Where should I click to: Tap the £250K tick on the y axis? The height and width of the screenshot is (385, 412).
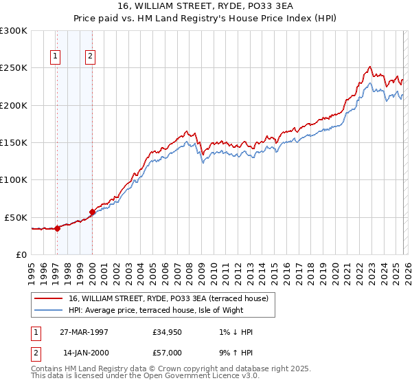(x=14, y=68)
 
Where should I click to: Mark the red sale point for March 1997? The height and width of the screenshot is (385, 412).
(x=58, y=229)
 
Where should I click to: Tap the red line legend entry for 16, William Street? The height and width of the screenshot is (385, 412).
(x=172, y=298)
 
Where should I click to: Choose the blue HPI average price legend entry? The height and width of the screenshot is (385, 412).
(x=171, y=310)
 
